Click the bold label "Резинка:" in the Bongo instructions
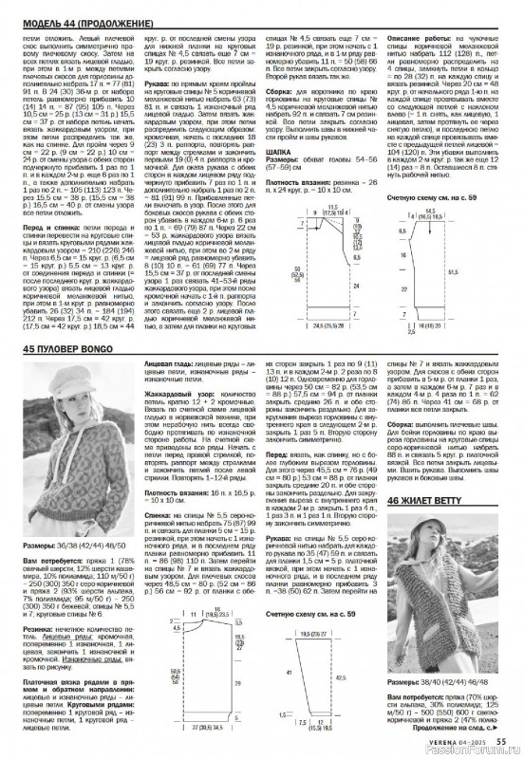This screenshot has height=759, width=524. (38, 627)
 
